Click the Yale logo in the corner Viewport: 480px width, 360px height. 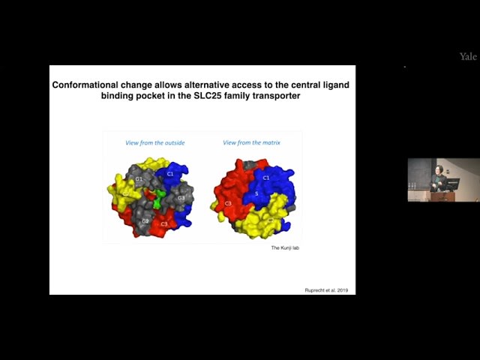point(468,56)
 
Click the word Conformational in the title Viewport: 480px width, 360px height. point(92,85)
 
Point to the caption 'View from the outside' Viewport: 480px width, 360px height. point(155,142)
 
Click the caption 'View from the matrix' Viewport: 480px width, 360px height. point(252,142)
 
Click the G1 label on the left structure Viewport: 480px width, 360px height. point(139,179)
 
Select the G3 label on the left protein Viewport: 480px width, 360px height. point(181,198)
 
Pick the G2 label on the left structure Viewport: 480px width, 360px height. point(145,221)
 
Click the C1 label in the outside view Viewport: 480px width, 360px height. point(170,174)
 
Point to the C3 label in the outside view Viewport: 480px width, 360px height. point(163,223)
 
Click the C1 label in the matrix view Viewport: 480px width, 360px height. point(265,178)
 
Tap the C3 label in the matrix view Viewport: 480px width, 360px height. point(227,203)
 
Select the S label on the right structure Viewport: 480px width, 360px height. point(256,194)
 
